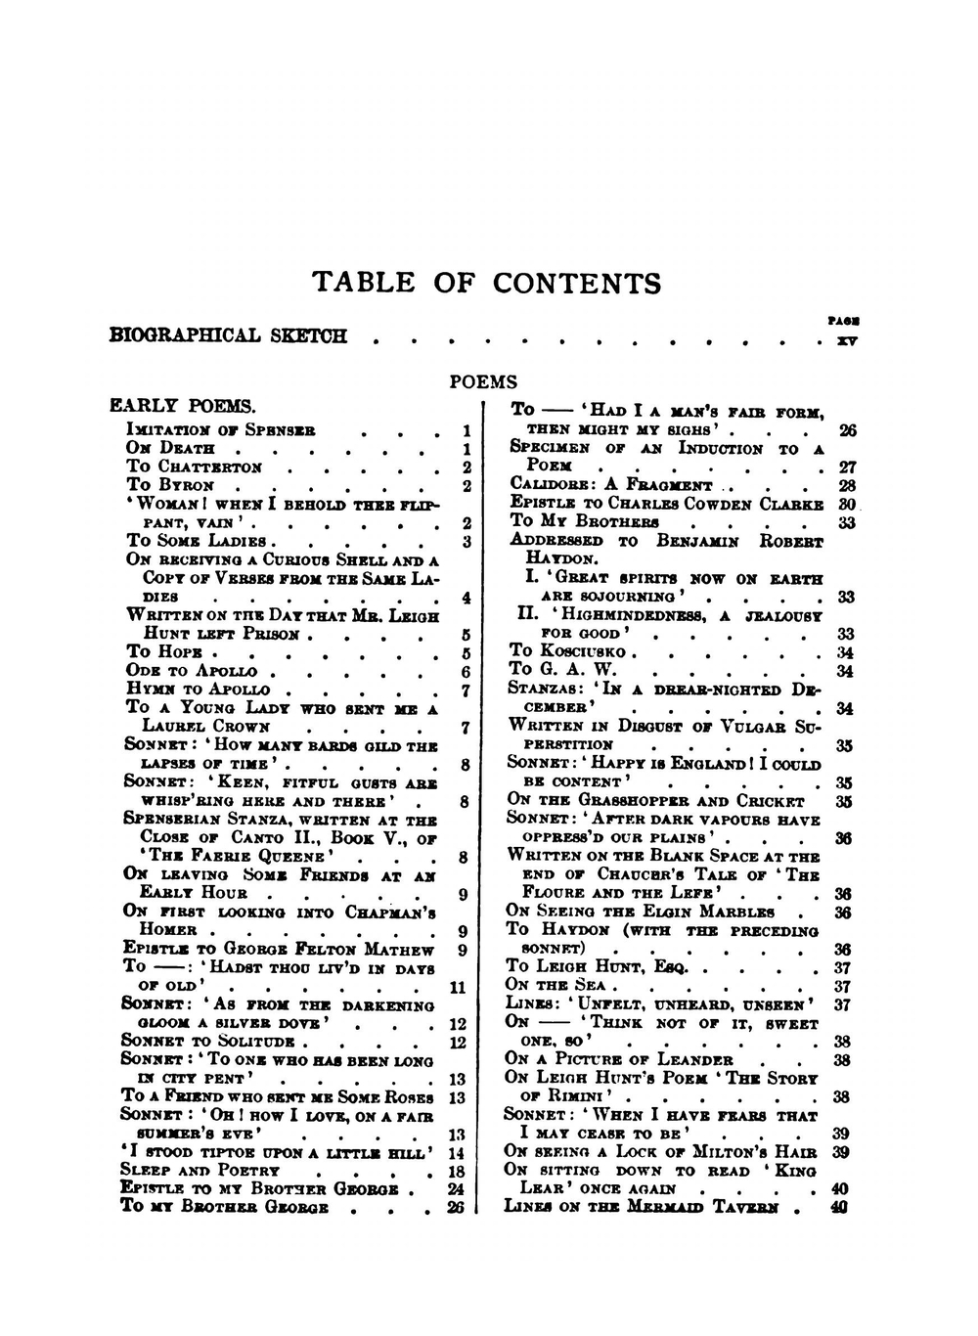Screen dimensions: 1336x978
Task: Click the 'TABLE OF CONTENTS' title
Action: click(486, 284)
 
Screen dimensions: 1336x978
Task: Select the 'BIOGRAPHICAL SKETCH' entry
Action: click(228, 336)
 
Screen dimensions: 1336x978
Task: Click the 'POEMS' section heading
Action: click(483, 382)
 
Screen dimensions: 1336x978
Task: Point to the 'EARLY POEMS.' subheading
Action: click(182, 406)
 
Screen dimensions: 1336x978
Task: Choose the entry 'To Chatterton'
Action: click(195, 467)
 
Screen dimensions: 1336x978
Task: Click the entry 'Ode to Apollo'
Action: click(192, 671)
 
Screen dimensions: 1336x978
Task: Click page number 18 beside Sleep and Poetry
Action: click(455, 1172)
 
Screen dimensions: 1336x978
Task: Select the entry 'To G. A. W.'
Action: click(563, 671)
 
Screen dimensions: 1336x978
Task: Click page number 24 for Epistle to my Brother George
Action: click(455, 1189)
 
